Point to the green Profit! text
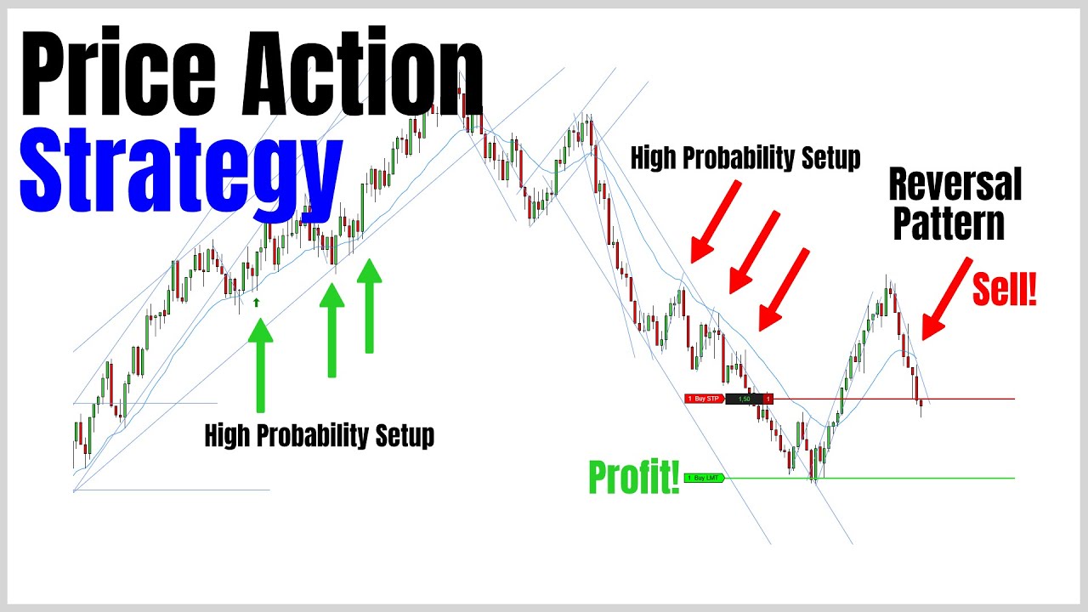click(634, 479)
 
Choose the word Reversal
click(955, 184)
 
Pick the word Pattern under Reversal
click(949, 224)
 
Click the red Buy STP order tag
click(705, 399)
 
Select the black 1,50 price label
click(745, 399)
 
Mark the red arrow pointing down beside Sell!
click(946, 298)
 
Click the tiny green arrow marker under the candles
click(256, 301)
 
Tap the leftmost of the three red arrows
click(716, 221)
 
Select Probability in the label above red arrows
click(745, 158)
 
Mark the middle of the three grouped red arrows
click(753, 252)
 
